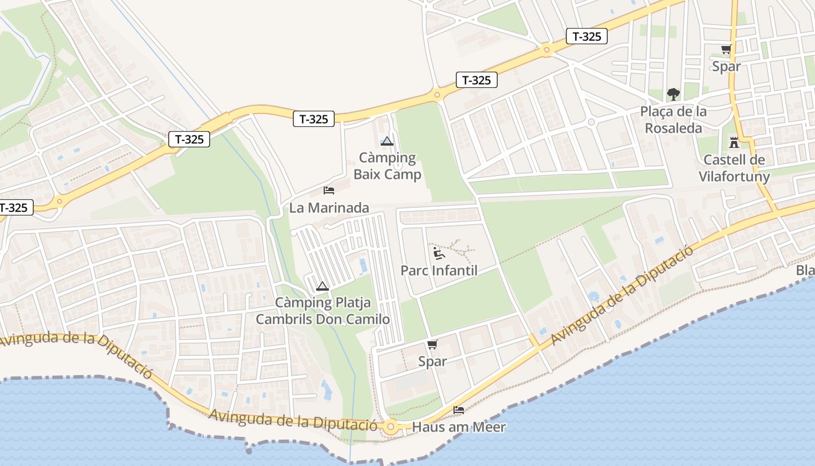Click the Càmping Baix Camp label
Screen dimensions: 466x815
coord(387,166)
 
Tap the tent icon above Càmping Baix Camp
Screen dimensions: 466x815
coord(387,141)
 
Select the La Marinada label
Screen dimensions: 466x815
coord(329,207)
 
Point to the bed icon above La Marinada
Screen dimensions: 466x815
coord(329,190)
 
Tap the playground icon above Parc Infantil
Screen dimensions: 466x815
coord(438,253)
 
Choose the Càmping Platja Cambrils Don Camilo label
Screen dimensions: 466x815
coord(323,311)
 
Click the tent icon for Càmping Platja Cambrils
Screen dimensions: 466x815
coord(323,286)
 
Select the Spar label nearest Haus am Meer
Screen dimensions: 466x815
coord(433,361)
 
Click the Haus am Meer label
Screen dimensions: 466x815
coord(459,427)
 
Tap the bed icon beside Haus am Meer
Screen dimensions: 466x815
coord(459,410)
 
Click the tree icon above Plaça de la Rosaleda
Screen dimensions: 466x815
coord(674,94)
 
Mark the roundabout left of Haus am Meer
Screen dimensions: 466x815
coord(391,427)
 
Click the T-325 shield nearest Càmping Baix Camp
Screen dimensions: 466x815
coord(314,119)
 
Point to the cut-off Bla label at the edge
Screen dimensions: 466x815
coord(806,270)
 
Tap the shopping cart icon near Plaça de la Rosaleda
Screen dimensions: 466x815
coord(726,50)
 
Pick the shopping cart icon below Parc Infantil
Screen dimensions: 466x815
coord(432,345)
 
